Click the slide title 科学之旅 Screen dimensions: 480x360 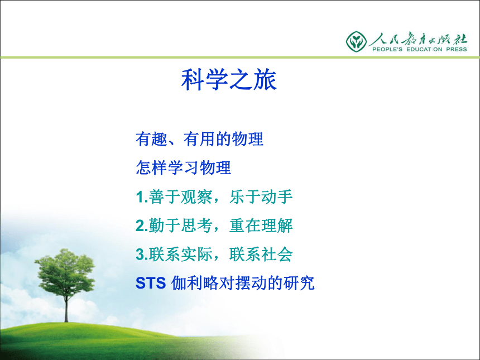(x=229, y=80)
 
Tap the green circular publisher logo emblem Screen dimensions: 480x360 (x=356, y=41)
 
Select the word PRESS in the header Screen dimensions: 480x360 (x=457, y=49)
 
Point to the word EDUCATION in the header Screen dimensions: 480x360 (x=424, y=49)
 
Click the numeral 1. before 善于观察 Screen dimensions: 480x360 (x=142, y=197)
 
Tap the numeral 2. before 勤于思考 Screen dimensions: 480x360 (x=142, y=225)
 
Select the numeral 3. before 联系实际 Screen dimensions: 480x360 (x=142, y=255)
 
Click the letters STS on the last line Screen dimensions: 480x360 (x=151, y=283)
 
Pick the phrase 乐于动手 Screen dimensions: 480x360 (x=261, y=196)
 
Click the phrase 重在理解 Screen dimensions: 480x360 (x=261, y=225)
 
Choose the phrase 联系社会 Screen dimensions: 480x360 (x=261, y=254)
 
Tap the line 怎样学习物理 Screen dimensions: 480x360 (x=184, y=168)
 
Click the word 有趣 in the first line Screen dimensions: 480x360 (x=151, y=139)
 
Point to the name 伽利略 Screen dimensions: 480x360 (x=195, y=283)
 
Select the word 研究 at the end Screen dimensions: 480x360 (x=299, y=283)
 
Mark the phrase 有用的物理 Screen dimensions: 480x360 (x=223, y=139)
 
